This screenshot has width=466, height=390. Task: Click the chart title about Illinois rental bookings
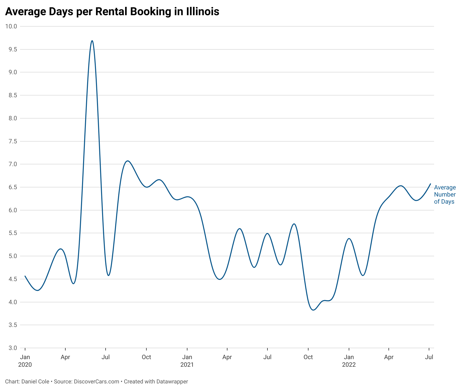pyautogui.click(x=112, y=12)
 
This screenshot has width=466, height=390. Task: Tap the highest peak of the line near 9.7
pyautogui.click(x=92, y=41)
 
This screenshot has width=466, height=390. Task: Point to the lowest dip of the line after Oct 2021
pyautogui.click(x=314, y=310)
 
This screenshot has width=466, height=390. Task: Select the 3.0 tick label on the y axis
pyautogui.click(x=12, y=348)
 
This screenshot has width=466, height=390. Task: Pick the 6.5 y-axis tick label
pyautogui.click(x=12, y=187)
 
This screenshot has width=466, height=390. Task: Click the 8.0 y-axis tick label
pyautogui.click(x=12, y=118)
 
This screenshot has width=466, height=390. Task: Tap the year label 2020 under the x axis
pyautogui.click(x=25, y=365)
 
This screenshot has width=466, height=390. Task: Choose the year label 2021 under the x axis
pyautogui.click(x=187, y=365)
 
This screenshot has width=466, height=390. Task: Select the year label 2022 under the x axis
pyautogui.click(x=349, y=365)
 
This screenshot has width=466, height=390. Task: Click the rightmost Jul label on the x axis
pyautogui.click(x=429, y=357)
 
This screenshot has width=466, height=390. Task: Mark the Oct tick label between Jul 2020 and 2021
pyautogui.click(x=146, y=357)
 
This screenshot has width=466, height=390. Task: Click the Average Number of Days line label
pyautogui.click(x=445, y=194)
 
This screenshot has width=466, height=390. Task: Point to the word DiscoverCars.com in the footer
pyautogui.click(x=96, y=381)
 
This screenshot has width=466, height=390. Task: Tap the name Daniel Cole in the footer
pyautogui.click(x=35, y=381)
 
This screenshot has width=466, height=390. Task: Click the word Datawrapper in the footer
pyautogui.click(x=172, y=381)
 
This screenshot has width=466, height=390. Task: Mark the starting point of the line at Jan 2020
pyautogui.click(x=25, y=276)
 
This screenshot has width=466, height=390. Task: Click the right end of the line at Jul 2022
pyautogui.click(x=430, y=184)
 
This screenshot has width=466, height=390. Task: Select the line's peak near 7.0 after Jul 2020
pyautogui.click(x=128, y=161)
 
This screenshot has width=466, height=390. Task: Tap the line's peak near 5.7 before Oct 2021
pyautogui.click(x=294, y=224)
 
